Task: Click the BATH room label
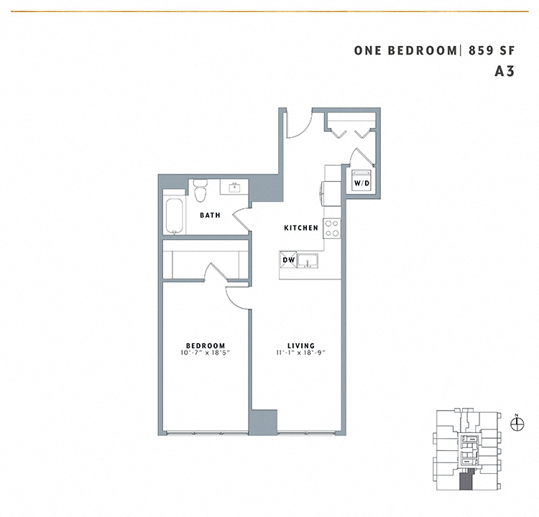210,215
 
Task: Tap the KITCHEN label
300,228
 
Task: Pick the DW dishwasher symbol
288,260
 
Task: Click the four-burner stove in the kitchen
332,228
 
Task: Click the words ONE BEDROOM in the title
405,50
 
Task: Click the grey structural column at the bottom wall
263,421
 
